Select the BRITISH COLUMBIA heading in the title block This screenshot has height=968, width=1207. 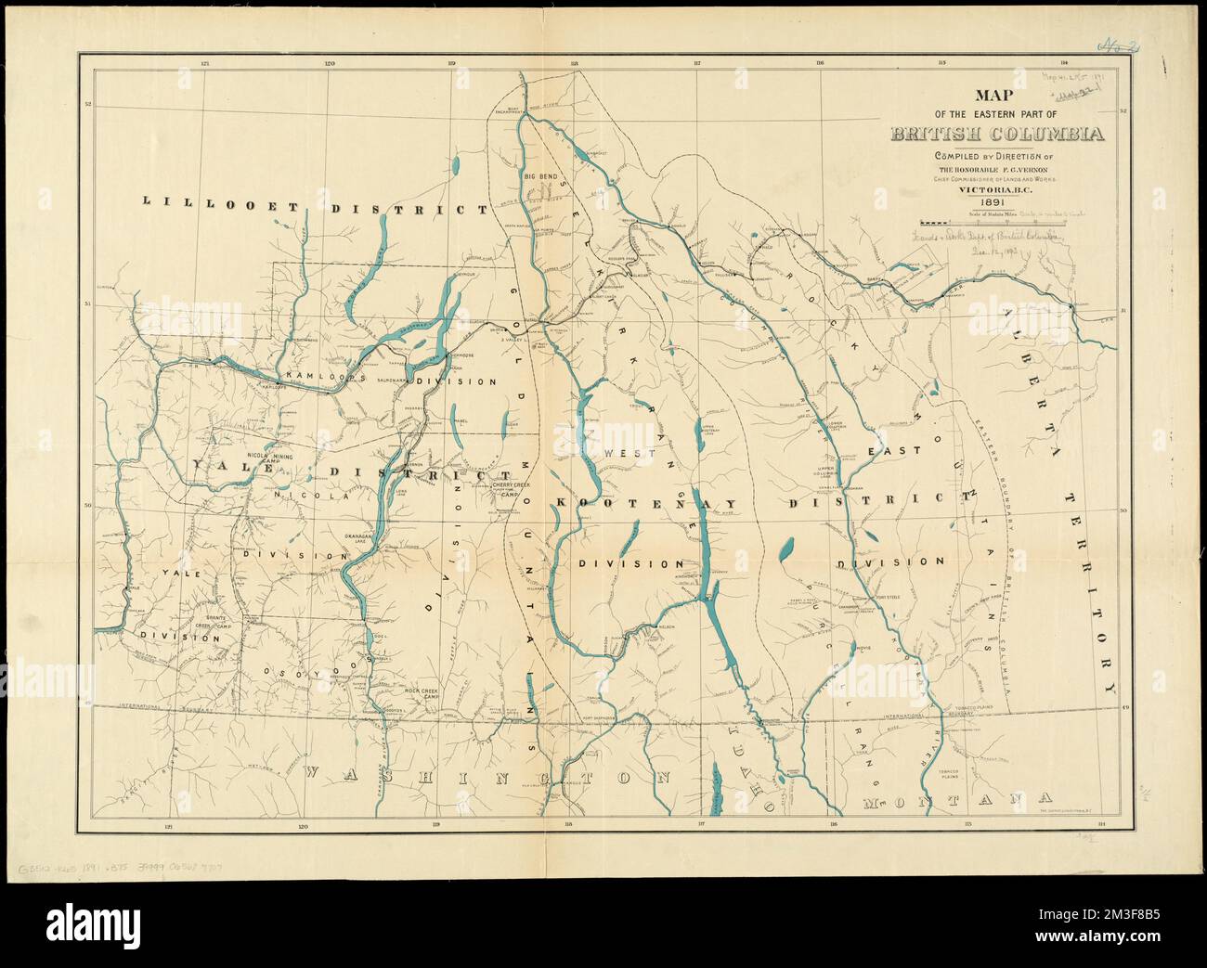tap(998, 134)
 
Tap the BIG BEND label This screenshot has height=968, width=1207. tap(540, 175)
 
